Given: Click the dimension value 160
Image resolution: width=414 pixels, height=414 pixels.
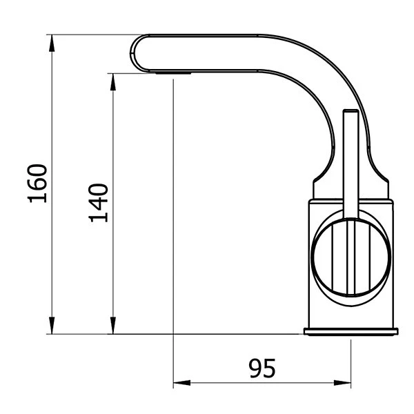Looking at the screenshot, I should click(x=37, y=184).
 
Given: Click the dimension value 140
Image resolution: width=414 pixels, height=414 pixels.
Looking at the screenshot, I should click(x=98, y=202).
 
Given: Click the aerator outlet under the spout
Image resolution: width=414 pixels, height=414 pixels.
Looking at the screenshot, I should click(x=172, y=71).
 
